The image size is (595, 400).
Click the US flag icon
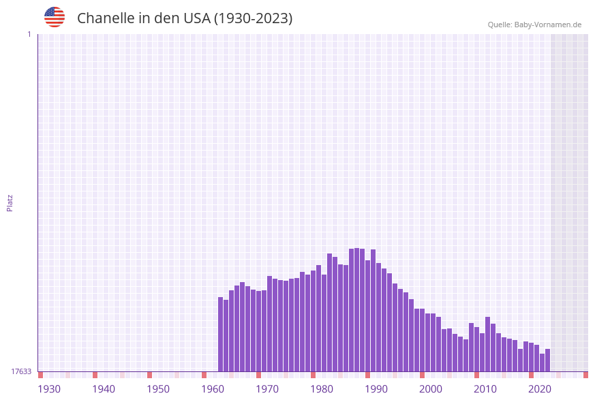(x=55, y=17)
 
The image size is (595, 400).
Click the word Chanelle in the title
(x=105, y=18)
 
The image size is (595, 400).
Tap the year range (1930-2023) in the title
(x=253, y=18)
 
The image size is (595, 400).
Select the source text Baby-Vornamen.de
(x=547, y=25)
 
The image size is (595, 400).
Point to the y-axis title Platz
(x=10, y=202)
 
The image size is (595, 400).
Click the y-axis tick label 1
(x=29, y=34)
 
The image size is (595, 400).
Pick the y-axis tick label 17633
(x=21, y=371)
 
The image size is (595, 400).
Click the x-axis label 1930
(x=49, y=389)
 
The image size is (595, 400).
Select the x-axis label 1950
(x=158, y=389)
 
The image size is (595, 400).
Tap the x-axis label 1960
(x=213, y=389)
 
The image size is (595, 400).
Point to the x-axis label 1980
(x=322, y=389)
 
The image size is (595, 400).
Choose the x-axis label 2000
(x=431, y=389)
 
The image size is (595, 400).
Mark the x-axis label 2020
(x=540, y=389)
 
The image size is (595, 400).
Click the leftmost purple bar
(x=221, y=334)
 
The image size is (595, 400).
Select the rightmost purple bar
(x=547, y=360)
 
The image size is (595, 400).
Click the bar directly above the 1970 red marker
(x=259, y=330)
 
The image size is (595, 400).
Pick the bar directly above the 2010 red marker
(x=477, y=349)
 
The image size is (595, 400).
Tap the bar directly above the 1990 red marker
(x=368, y=316)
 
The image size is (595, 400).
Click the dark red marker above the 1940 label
(x=95, y=375)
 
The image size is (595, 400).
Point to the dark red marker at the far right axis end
(x=585, y=375)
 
